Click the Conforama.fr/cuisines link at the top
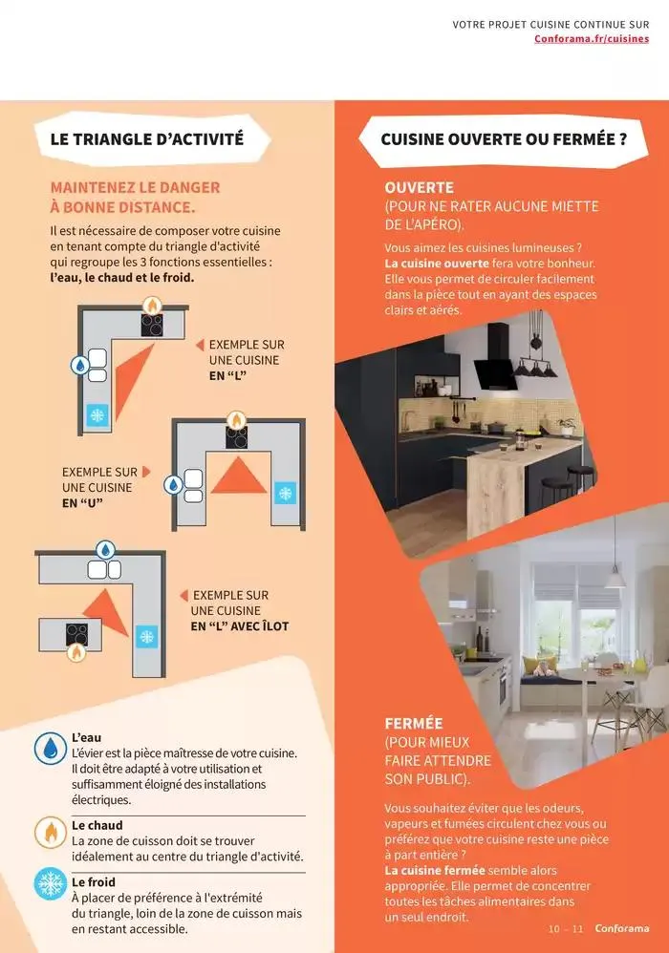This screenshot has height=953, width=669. click(592, 39)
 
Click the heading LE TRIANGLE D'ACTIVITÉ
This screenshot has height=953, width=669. click(147, 139)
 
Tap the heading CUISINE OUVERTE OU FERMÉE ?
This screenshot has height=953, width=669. click(504, 139)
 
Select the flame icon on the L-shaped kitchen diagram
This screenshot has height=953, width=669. click(152, 306)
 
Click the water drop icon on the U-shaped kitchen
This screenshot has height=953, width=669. click(174, 485)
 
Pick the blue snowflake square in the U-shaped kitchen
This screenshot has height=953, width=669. click(285, 493)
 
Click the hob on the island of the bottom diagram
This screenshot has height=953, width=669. click(76, 634)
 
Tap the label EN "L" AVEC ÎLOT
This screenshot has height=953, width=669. click(240, 626)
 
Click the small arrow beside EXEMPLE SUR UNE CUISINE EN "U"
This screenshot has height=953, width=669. click(146, 472)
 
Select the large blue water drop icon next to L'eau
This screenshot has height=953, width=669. click(51, 749)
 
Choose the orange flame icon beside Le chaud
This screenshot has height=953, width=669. click(51, 832)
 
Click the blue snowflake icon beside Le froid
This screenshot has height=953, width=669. click(51, 883)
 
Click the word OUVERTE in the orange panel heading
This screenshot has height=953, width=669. click(419, 188)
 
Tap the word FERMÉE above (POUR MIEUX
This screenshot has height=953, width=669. click(414, 724)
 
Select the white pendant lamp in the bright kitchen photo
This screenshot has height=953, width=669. click(615, 579)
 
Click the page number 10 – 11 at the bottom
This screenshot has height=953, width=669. click(566, 929)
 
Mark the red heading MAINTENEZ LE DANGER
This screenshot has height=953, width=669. click(135, 188)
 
